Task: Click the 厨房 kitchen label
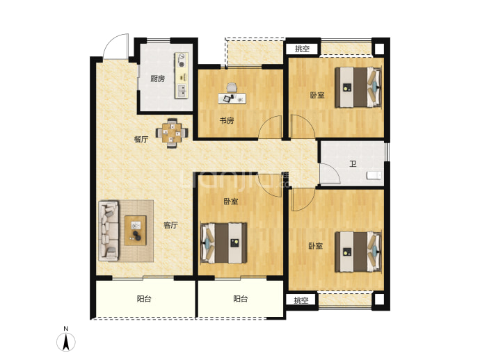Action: click(x=158, y=79)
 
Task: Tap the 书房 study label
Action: click(x=227, y=121)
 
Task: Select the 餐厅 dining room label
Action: click(x=141, y=140)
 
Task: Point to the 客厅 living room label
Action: click(x=170, y=225)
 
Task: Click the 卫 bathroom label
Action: click(x=353, y=164)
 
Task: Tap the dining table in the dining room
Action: click(x=172, y=133)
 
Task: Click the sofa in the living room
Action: click(x=109, y=231)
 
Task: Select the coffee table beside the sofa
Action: click(x=136, y=230)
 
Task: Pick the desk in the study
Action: click(x=232, y=99)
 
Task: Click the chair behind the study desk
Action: click(x=232, y=88)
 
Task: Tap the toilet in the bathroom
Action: click(x=374, y=176)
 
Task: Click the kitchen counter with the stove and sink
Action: click(x=182, y=76)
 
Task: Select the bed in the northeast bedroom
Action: click(x=358, y=87)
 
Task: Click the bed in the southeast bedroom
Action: click(x=358, y=252)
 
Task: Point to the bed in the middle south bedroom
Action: click(x=224, y=243)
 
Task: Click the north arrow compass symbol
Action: click(x=66, y=342)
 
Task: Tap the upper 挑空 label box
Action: click(x=302, y=49)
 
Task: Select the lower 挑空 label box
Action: click(x=301, y=300)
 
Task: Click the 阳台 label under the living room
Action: click(x=144, y=299)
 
